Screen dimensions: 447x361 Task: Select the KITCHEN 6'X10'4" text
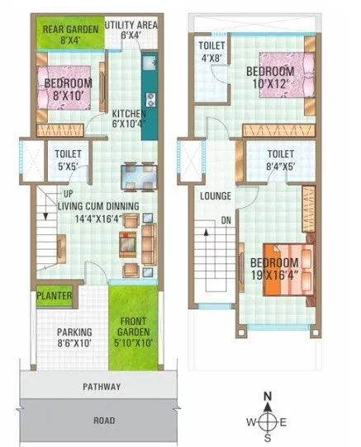pyautogui.click(x=128, y=119)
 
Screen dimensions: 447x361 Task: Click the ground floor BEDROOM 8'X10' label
pyautogui.click(x=69, y=89)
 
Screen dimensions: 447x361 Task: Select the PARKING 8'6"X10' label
pyautogui.click(x=73, y=338)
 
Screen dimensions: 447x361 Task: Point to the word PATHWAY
pyautogui.click(x=101, y=386)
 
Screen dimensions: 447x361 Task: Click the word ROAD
pyautogui.click(x=104, y=420)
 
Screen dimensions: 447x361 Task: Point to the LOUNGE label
pyautogui.click(x=215, y=196)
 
